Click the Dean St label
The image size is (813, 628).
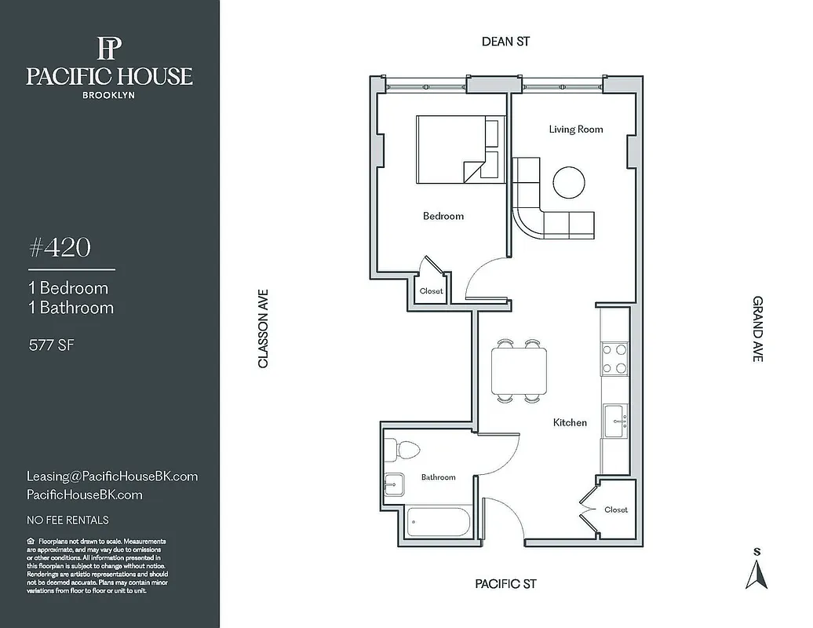coord(505,42)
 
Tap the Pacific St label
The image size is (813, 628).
coord(505,584)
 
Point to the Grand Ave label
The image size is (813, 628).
coord(757,328)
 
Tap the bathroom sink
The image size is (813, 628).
coord(394,484)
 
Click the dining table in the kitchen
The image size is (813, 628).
coord(519,371)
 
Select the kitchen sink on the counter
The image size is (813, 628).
coord(614,422)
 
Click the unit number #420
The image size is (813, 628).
coord(60,248)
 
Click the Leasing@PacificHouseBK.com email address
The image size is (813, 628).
coord(112,476)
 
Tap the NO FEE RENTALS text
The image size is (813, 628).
coord(67,520)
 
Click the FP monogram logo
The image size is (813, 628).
coord(108,49)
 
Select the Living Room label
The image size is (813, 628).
coord(576,129)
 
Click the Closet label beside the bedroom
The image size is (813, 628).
coord(432,290)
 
